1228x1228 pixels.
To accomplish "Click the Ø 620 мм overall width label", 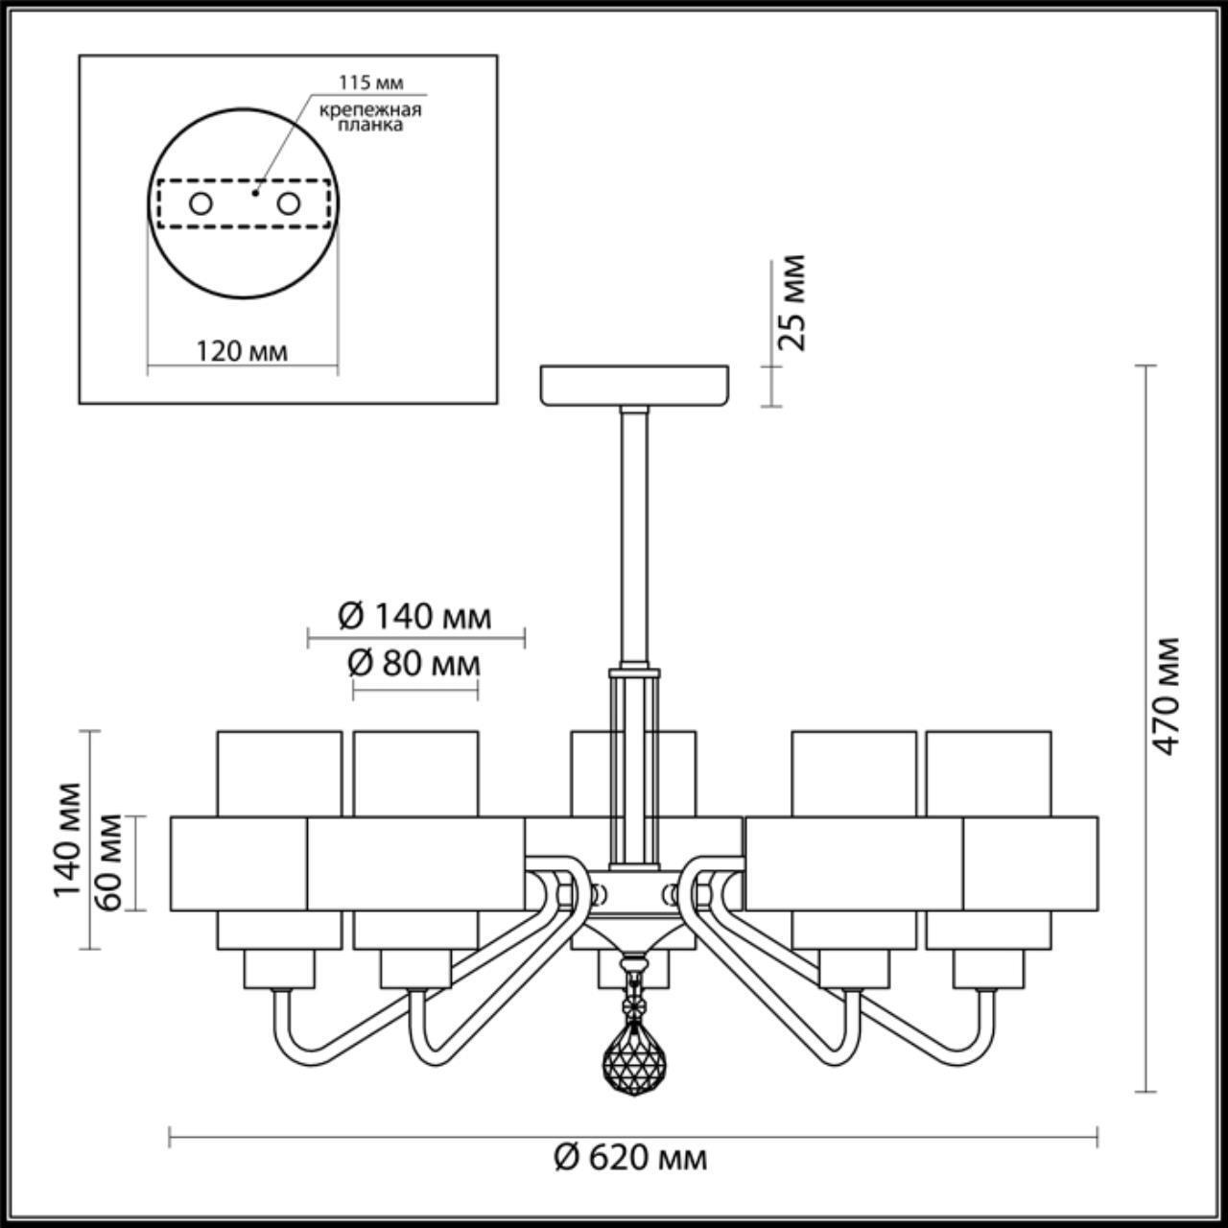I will tap(630, 1158).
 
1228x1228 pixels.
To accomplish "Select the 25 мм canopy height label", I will tap(793, 302).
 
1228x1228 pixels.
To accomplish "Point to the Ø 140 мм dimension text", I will tap(414, 616).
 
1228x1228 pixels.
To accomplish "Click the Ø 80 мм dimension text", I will tap(414, 662).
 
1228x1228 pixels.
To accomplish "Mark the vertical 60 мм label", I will tap(109, 862).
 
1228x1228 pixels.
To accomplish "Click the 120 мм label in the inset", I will tap(242, 351).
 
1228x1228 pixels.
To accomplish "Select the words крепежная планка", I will tap(371, 117).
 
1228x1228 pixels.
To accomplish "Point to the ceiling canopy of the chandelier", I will tap(634, 384).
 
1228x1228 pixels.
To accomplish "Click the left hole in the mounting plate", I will tap(201, 203).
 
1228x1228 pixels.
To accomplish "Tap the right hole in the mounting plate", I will tap(288, 203).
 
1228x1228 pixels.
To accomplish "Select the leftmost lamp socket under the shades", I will tap(278, 969).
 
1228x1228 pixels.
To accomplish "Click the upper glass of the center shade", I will tap(595, 772).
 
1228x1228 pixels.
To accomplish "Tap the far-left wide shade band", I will tap(238, 862).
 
